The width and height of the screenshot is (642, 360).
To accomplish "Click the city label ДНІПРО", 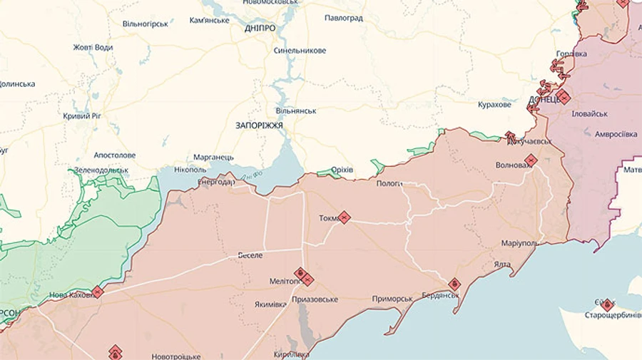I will [260, 28].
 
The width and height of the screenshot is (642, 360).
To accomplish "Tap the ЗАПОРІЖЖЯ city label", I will [259, 125].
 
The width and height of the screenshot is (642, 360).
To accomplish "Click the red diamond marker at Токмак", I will [344, 217].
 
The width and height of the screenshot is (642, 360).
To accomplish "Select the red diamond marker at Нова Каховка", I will [98, 292].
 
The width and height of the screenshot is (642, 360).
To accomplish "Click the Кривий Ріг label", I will [81, 115].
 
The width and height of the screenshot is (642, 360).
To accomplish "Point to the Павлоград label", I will [343, 18].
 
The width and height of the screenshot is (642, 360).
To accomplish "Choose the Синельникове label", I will [300, 51].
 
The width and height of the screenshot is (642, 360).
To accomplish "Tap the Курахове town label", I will [494, 105].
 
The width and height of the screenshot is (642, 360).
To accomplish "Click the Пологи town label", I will [389, 184].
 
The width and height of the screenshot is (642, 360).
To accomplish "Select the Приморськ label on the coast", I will [392, 299].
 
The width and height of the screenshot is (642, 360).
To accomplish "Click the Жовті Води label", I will [93, 48].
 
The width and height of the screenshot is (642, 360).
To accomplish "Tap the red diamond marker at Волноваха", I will [531, 160].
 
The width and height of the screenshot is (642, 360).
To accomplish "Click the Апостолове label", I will [114, 155].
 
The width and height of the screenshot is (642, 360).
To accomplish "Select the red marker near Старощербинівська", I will [607, 304].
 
